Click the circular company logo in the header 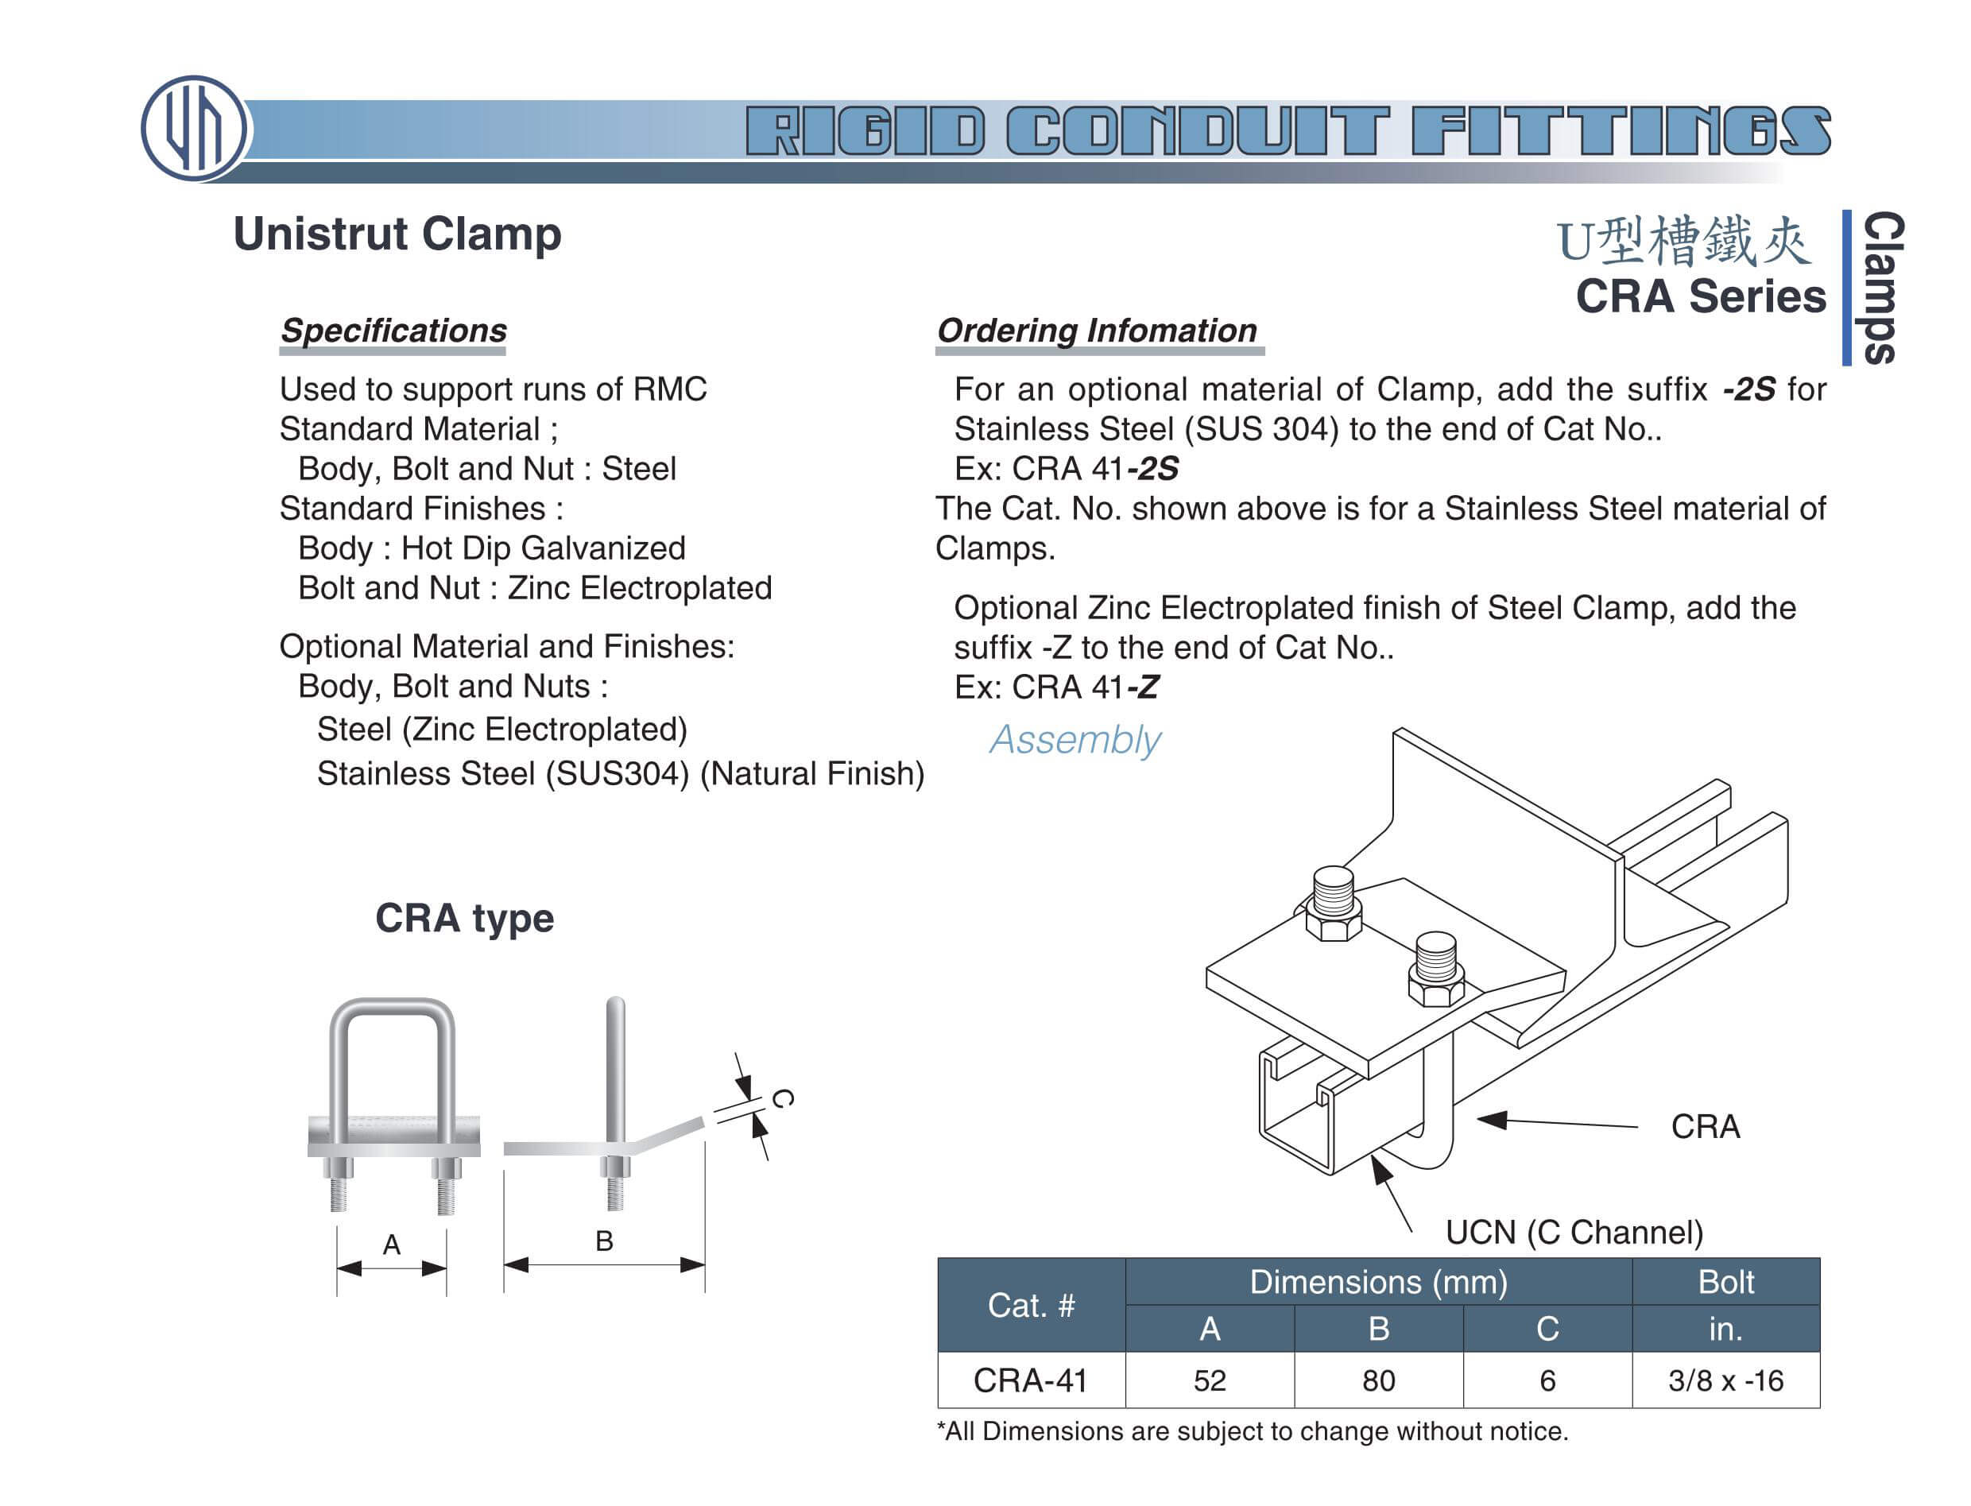point(194,128)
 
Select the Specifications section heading point(393,330)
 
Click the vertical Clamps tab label point(1880,288)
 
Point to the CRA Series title point(1698,296)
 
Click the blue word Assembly point(1074,740)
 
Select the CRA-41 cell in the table point(1030,1380)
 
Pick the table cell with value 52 point(1208,1380)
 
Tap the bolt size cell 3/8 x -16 point(1725,1380)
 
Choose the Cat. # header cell point(1030,1304)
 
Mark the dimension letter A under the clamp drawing point(391,1244)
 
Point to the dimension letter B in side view point(603,1241)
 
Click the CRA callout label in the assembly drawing point(1704,1126)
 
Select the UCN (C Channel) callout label point(1573,1232)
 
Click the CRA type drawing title point(464,918)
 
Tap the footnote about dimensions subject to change point(1251,1431)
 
